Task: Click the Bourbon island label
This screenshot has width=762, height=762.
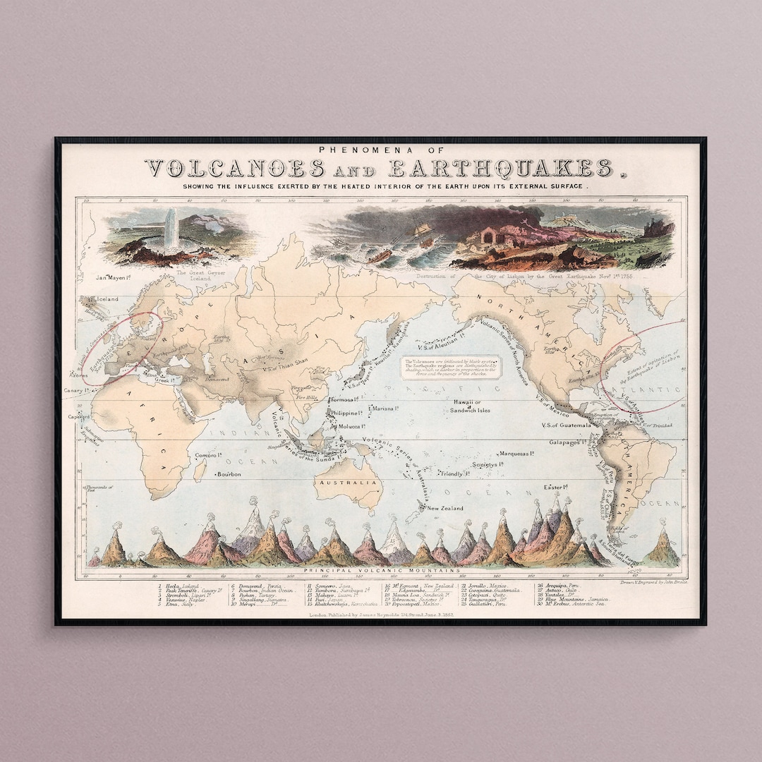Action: pyautogui.click(x=229, y=474)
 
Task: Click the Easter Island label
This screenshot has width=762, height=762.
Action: pyautogui.click(x=556, y=488)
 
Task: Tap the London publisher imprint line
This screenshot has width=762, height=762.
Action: pyautogui.click(x=381, y=615)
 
